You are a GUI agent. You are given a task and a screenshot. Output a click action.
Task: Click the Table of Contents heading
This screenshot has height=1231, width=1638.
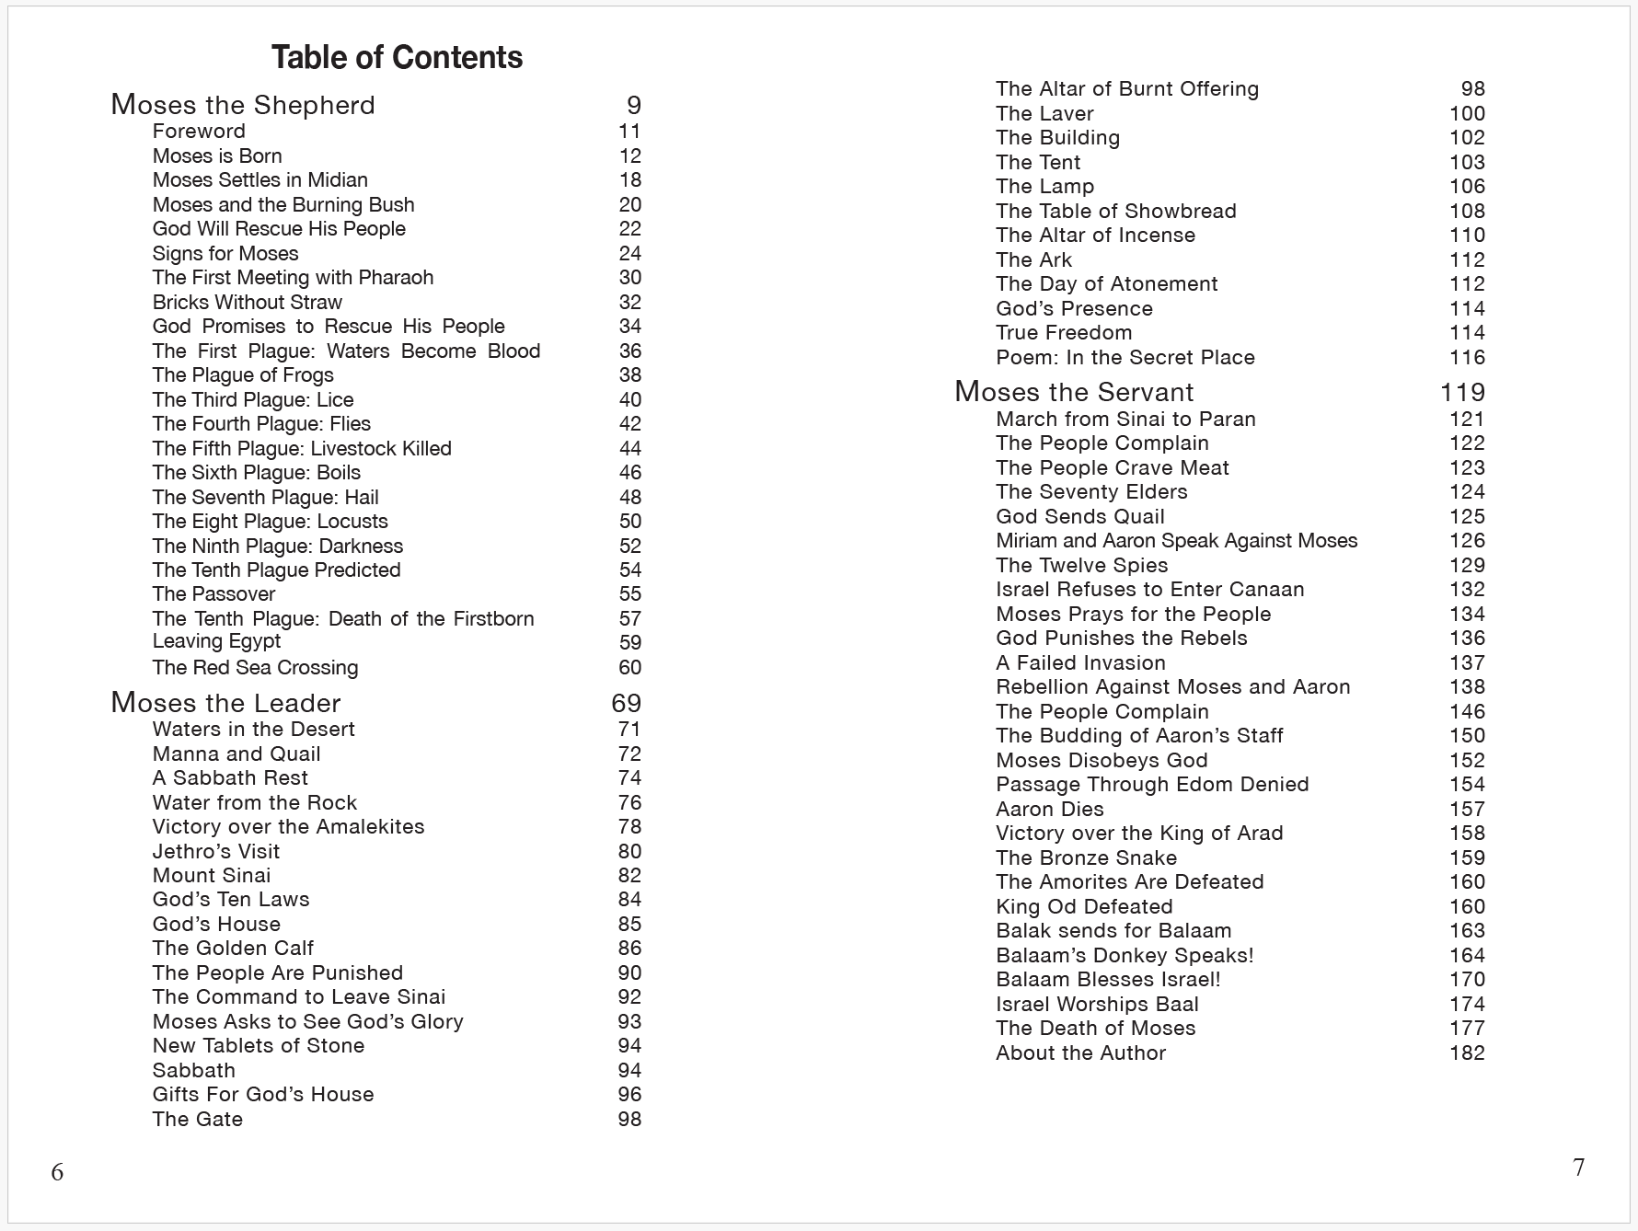coord(397,58)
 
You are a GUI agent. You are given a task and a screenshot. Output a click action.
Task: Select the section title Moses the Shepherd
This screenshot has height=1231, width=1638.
coord(243,105)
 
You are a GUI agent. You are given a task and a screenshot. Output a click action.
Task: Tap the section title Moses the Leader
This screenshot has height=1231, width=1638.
coord(225,703)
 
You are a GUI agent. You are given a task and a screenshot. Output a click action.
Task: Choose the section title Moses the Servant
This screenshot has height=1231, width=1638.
coord(1074,392)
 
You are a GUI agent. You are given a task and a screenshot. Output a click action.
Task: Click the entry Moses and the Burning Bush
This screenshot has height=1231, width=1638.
coord(283,204)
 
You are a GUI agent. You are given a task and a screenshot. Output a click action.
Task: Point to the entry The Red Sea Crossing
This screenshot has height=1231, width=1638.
coord(255,667)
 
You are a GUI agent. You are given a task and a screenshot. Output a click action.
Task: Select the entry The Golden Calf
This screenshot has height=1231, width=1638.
coord(233,949)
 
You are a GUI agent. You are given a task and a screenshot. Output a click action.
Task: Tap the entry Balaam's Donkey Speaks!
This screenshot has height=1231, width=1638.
coord(1125,955)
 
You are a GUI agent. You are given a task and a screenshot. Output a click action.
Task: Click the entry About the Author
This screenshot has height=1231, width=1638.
coord(1080,1053)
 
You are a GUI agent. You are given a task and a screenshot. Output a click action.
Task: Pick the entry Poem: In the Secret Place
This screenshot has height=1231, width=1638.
coord(1125,357)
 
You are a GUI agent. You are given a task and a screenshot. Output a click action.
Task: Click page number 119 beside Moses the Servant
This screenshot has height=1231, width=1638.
coord(1462,392)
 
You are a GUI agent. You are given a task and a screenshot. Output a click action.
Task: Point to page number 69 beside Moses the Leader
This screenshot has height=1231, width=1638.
coord(626,703)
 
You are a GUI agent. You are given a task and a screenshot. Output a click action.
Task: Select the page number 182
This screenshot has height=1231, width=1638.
coord(1467,1053)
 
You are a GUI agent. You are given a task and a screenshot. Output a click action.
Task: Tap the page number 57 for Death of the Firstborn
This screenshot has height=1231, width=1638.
coord(629,618)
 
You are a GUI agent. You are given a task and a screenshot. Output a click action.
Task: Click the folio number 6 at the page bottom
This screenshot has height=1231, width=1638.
coord(57,1171)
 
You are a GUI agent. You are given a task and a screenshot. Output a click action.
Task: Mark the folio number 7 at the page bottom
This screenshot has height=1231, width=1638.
coord(1578,1167)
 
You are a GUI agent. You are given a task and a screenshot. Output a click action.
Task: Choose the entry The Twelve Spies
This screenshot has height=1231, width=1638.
coord(1081,565)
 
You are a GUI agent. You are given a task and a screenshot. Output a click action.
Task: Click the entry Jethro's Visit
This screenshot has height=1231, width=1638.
coord(215,851)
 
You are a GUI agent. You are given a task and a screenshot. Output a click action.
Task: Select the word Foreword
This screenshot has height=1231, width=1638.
coord(199,132)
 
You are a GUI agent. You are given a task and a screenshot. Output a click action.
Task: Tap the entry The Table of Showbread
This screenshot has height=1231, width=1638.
coord(1115,211)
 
